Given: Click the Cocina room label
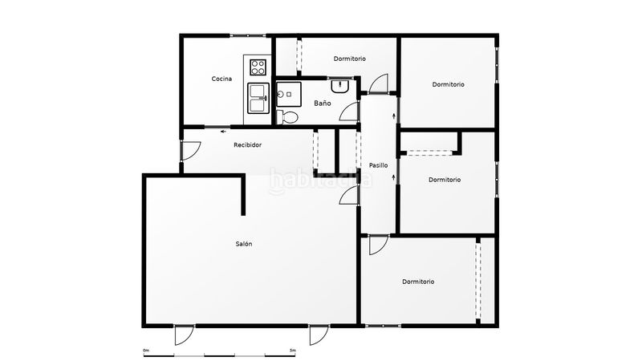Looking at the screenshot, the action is (x=221, y=79).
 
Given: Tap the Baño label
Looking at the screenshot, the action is (x=323, y=103).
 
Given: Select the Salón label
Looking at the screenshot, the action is (x=244, y=244).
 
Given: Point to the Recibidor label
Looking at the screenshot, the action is (x=247, y=144).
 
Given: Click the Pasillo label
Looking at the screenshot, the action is (x=378, y=165).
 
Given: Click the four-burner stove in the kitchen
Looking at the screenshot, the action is (x=258, y=67).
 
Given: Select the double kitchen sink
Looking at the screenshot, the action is (x=258, y=98).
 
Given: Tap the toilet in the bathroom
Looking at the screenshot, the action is (x=287, y=117).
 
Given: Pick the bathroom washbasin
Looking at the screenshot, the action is (x=339, y=86).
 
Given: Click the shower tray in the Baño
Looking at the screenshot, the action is (x=289, y=94).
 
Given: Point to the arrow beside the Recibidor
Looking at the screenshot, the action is (x=224, y=132).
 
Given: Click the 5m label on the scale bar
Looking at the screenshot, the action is (x=292, y=351).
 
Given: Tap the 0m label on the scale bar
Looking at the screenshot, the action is (x=146, y=351).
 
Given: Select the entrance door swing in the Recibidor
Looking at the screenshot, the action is (x=191, y=151).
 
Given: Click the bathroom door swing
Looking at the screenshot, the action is (x=350, y=111).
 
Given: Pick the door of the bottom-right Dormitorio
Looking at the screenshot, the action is (x=378, y=245).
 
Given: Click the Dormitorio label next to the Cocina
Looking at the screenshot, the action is (x=349, y=59).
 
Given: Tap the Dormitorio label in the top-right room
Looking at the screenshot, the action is (x=448, y=84).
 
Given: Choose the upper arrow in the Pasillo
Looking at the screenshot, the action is (x=394, y=116).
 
